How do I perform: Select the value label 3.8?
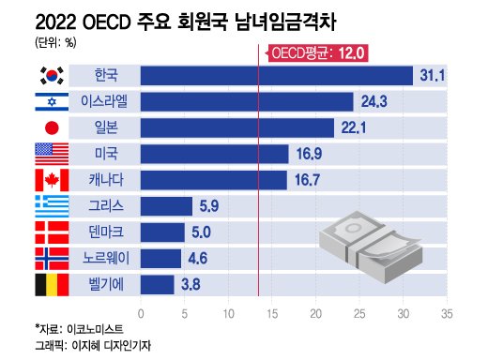point(191,283)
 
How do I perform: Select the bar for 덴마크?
point(162,232)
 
